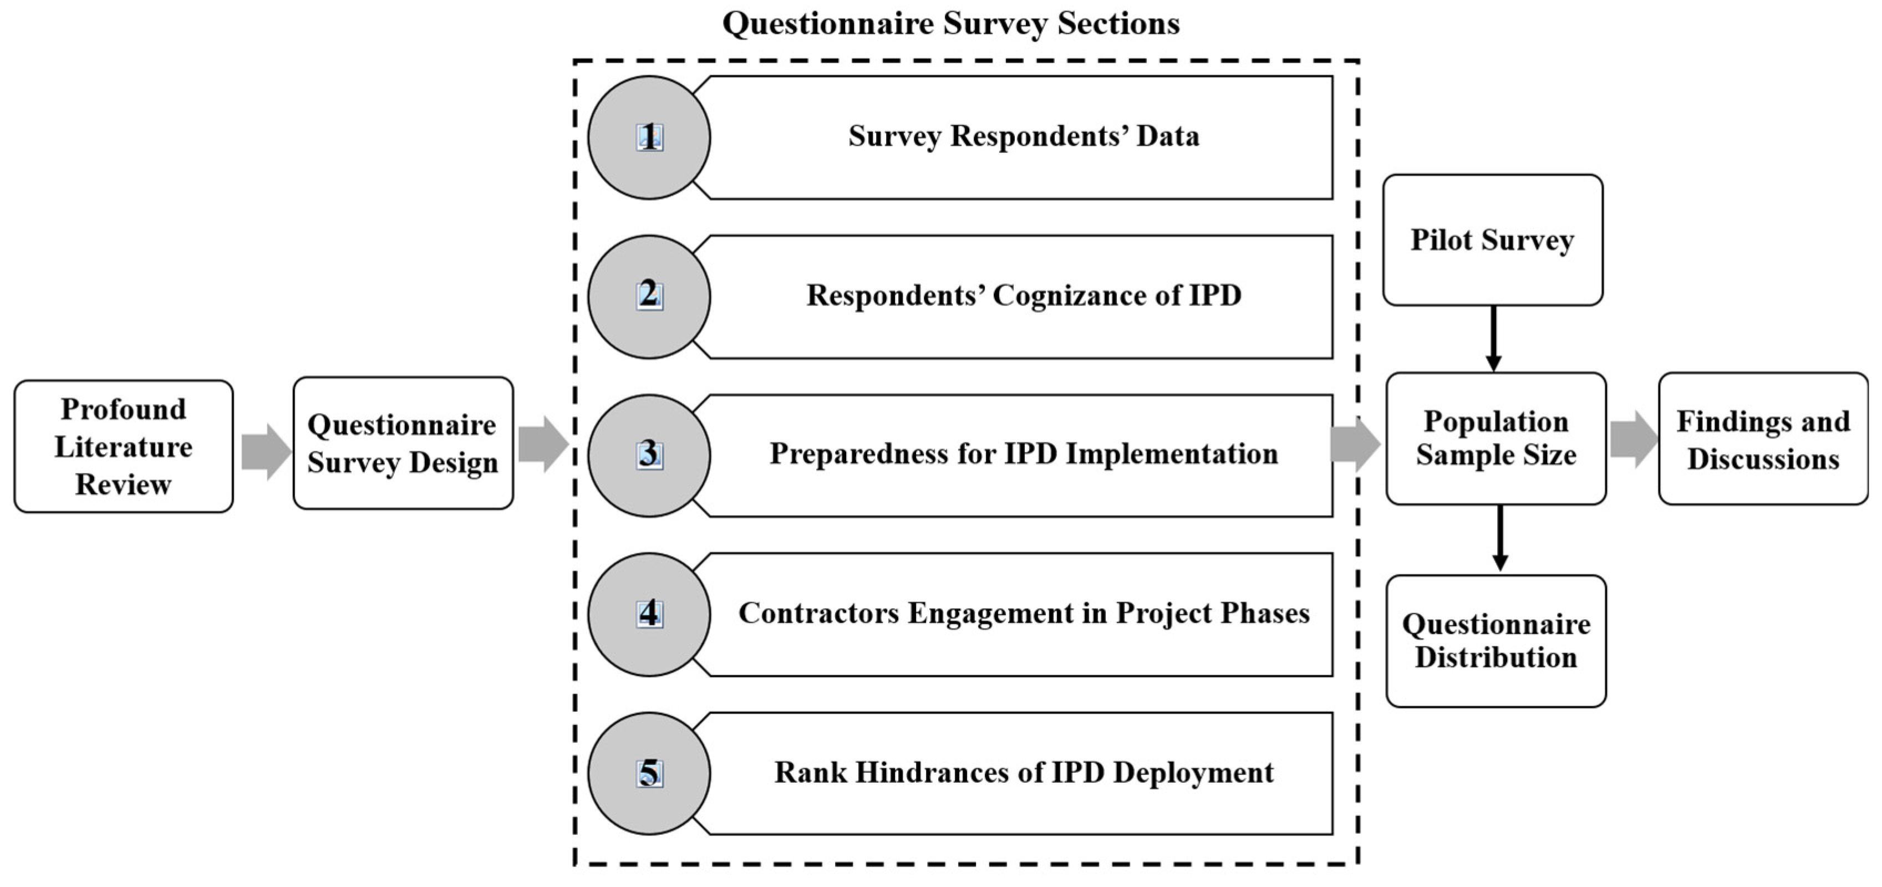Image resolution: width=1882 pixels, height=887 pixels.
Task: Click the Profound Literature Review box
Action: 124,446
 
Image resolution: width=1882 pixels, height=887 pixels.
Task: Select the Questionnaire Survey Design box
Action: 403,443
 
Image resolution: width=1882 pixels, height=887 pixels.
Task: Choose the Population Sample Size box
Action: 1496,439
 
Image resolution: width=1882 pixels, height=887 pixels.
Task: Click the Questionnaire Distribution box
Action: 1496,641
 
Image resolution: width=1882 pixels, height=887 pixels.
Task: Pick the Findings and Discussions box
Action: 1762,439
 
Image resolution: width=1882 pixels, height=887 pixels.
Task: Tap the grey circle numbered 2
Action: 649,296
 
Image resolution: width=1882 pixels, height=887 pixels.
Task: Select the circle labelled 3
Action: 649,455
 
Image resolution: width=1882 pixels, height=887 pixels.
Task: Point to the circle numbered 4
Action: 649,614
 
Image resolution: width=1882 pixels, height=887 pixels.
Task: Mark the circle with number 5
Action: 649,773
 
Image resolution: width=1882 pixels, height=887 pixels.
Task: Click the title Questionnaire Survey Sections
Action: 950,23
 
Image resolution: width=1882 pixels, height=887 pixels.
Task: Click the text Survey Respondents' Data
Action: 1024,136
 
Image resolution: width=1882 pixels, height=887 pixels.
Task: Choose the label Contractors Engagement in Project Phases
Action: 1024,614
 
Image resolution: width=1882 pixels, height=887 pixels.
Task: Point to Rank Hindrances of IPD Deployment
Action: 1024,773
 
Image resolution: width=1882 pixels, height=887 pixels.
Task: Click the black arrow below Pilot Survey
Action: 1493,338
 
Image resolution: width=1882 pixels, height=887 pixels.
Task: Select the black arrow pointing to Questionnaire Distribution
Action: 1499,538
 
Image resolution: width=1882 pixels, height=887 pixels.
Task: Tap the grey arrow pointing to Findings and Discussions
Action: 1634,439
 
